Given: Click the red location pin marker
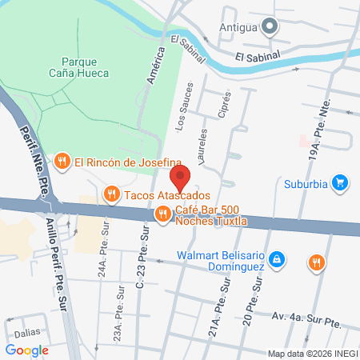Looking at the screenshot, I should coord(180,178).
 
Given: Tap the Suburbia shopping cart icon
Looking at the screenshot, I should coord(340,182).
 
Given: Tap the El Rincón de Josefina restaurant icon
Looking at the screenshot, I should coord(62,162).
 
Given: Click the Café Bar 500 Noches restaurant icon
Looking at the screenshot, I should coord(163,213).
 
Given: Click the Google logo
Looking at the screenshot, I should coord(27,349).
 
